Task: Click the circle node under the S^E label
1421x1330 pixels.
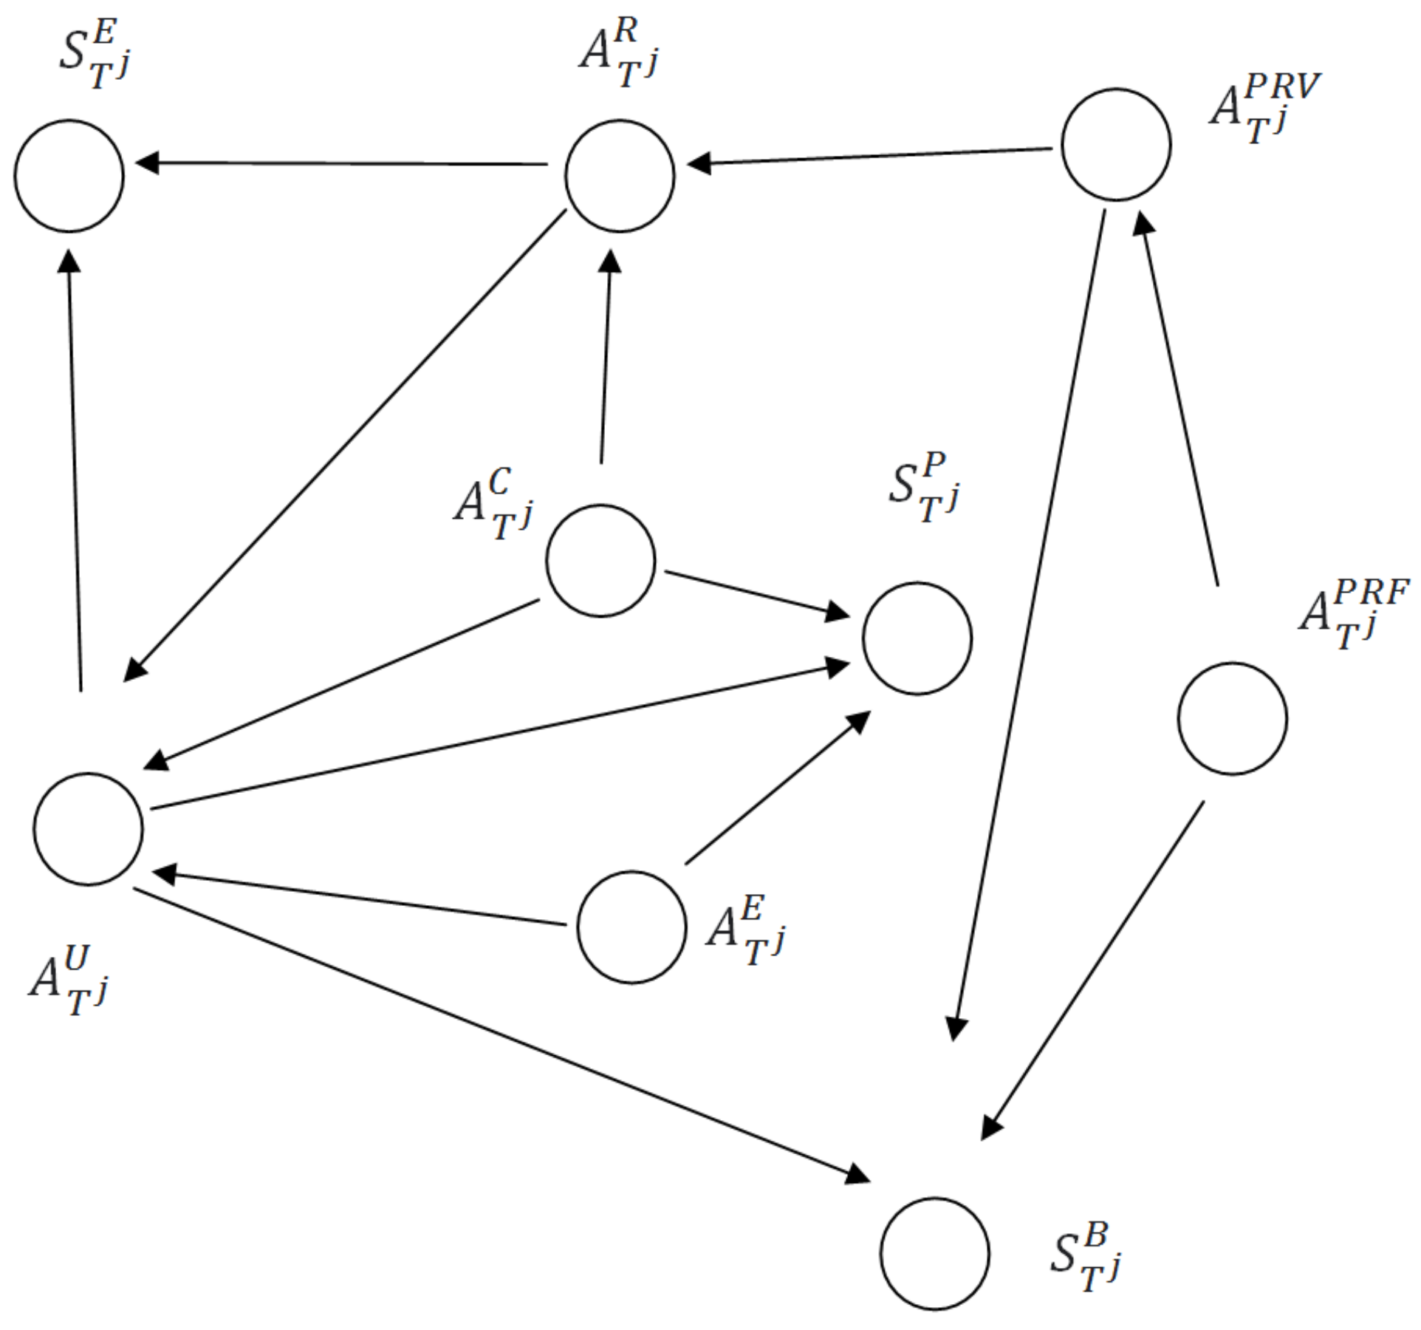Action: (69, 176)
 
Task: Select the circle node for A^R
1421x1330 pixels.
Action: (620, 176)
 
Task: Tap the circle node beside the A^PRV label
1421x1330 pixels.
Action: (1115, 145)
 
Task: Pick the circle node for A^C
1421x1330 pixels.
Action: (600, 561)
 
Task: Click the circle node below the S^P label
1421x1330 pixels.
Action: (917, 638)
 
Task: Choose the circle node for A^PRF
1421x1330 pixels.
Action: (1232, 718)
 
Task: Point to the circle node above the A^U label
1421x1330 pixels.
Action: (88, 829)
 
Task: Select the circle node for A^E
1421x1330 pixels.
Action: (631, 927)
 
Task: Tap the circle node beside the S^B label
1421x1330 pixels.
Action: (934, 1254)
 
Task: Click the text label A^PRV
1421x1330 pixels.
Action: (1264, 108)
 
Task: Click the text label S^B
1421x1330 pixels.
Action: (1085, 1256)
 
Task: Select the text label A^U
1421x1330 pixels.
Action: (69, 980)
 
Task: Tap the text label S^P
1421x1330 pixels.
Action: (924, 488)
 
